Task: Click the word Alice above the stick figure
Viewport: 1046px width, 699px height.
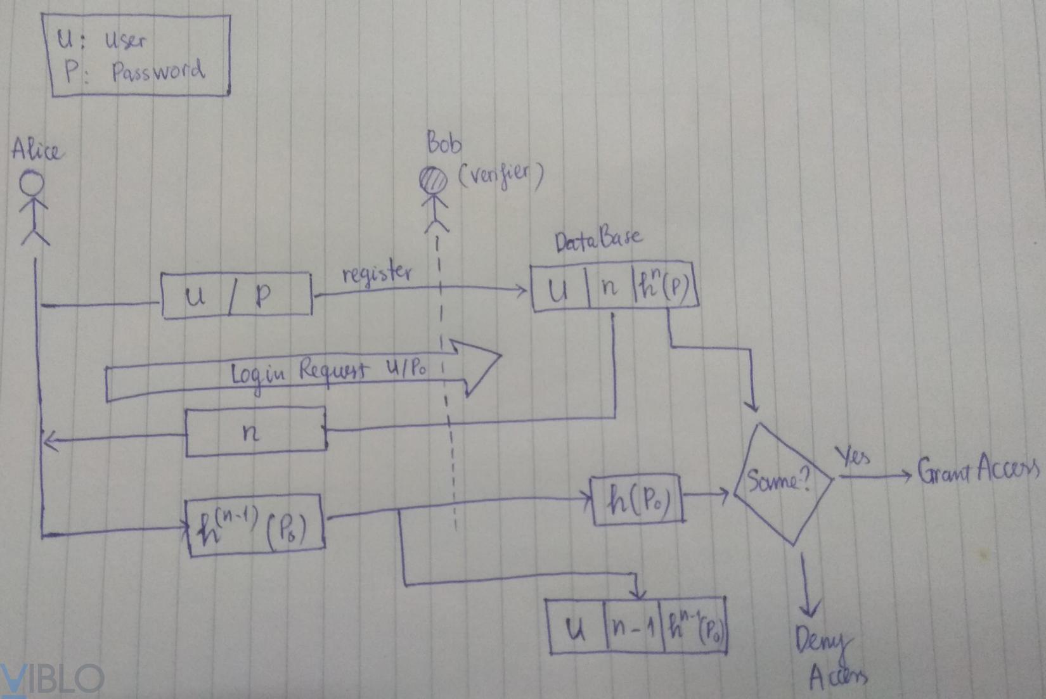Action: point(37,150)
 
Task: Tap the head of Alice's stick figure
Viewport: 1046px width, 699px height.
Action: point(32,184)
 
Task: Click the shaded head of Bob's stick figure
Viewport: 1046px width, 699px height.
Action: point(434,179)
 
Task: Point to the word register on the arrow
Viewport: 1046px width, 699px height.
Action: point(377,274)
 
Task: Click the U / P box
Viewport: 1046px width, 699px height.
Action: point(236,295)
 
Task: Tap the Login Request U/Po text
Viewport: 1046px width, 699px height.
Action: point(330,371)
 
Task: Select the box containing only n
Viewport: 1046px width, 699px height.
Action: point(255,433)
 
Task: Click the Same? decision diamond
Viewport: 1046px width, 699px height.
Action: point(782,482)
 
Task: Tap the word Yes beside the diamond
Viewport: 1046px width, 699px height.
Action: point(853,456)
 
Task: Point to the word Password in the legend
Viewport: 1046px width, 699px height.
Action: point(158,71)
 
